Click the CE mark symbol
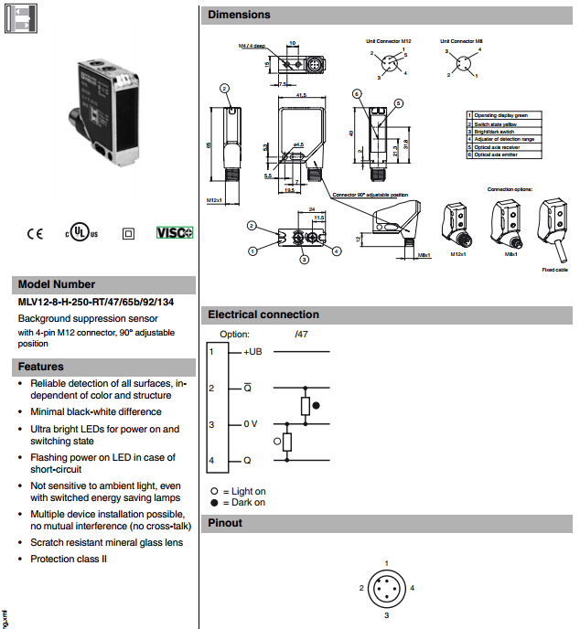(x=35, y=233)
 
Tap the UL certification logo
(x=81, y=232)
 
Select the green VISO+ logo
(x=175, y=232)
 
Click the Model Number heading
(x=57, y=284)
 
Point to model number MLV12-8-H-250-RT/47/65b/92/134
(x=93, y=302)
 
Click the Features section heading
(x=41, y=367)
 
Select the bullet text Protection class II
(x=69, y=559)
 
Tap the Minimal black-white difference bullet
(x=96, y=412)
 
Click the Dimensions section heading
(x=239, y=15)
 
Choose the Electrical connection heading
(x=263, y=314)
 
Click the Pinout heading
(x=225, y=523)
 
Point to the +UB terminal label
(x=252, y=351)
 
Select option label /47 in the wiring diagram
(x=302, y=335)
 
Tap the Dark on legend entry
(x=242, y=502)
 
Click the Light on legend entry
(x=242, y=491)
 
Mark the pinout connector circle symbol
(x=387, y=590)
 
